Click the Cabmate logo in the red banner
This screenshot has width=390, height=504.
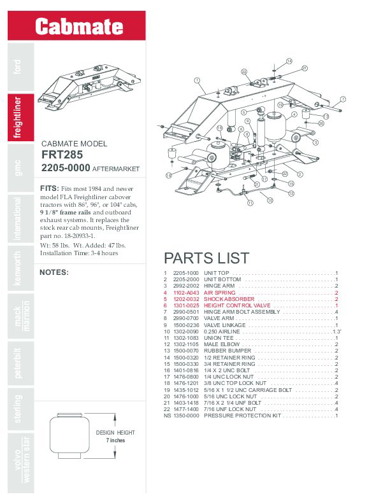point(78,26)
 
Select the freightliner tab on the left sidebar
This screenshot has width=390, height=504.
point(18,117)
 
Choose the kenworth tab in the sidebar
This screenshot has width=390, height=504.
point(18,268)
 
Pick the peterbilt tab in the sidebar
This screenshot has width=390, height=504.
point(18,363)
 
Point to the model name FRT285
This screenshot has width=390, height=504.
point(62,155)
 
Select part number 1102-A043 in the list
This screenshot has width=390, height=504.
point(186,292)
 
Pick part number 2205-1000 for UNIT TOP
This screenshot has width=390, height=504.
point(186,273)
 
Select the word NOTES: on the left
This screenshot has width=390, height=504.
point(54,272)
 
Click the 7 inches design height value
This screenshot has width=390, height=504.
point(115,440)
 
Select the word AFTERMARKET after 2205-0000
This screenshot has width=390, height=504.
point(115,170)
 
